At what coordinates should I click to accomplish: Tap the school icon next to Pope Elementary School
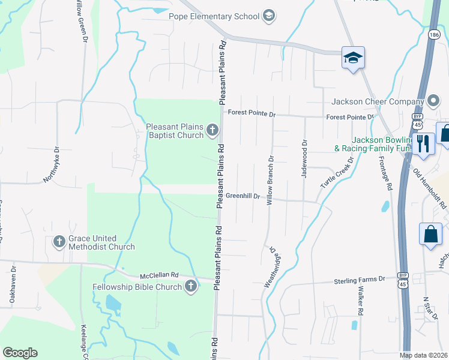tap(269, 16)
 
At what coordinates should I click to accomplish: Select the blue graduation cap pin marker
tap(354, 58)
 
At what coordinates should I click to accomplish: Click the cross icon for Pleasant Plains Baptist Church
tap(212, 130)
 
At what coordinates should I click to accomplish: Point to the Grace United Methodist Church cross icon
tap(59, 242)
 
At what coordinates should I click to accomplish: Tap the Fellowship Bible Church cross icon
tap(191, 286)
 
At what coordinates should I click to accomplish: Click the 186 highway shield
tap(433, 36)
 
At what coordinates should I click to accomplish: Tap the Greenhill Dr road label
tap(243, 196)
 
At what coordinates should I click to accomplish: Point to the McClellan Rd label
tap(160, 275)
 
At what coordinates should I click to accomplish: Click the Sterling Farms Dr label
tap(359, 280)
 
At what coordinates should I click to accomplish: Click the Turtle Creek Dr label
tap(334, 175)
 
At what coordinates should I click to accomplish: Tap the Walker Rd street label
tap(361, 301)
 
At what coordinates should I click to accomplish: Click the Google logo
tap(20, 353)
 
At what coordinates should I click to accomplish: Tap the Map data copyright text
tap(423, 355)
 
